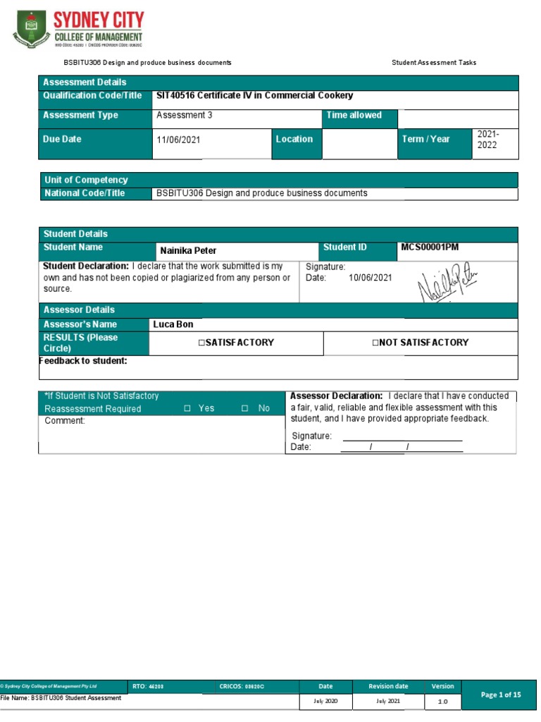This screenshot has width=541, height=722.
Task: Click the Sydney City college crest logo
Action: [x=30, y=28]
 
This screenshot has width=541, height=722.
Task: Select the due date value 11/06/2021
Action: [x=178, y=140]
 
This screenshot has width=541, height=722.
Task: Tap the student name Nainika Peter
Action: [x=188, y=250]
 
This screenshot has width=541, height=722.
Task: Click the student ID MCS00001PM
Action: [x=430, y=247]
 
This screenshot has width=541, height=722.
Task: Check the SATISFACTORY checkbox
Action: [x=201, y=343]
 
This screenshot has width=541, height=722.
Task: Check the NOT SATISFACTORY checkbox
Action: [x=375, y=343]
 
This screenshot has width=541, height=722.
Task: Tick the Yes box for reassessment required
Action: [x=187, y=408]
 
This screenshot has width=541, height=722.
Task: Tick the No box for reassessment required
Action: [x=244, y=408]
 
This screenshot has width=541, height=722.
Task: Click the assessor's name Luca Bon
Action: [x=173, y=324]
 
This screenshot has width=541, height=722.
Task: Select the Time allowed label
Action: [x=353, y=115]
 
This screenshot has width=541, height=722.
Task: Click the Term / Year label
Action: [x=425, y=139]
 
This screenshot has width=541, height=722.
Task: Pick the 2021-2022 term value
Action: [x=490, y=139]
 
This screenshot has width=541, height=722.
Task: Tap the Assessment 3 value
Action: [x=184, y=115]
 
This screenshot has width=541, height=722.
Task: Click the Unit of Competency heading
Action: [x=86, y=180]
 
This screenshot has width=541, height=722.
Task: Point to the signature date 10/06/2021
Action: [x=370, y=278]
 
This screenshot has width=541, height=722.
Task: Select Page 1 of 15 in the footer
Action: [x=501, y=695]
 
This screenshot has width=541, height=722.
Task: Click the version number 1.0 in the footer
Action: [x=443, y=702]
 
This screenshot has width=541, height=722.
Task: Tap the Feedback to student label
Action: [x=83, y=361]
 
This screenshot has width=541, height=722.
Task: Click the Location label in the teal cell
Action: [x=294, y=139]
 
